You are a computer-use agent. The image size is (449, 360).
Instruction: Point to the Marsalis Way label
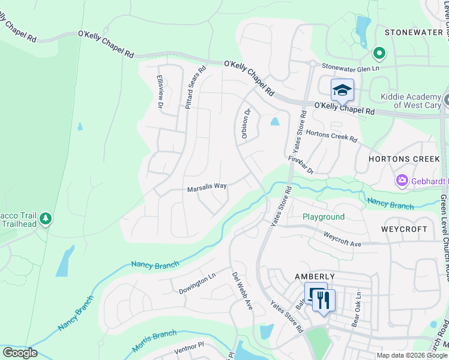point(206,187)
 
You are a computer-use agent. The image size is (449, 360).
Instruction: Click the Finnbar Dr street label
point(301,166)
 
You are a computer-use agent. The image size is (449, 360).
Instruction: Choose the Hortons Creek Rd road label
point(331,136)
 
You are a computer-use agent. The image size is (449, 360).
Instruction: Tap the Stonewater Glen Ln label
point(351,68)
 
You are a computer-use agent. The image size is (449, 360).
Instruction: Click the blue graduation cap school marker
point(342,90)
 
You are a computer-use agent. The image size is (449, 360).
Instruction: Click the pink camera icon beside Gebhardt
point(402,180)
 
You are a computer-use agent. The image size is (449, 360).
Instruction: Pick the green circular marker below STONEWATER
point(379,53)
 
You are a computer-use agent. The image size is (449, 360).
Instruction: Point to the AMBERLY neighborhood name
point(314,275)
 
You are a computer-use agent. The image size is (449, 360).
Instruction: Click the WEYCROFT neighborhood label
point(404,229)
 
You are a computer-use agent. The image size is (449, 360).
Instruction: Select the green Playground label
point(323,217)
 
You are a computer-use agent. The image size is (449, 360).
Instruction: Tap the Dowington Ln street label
point(197,284)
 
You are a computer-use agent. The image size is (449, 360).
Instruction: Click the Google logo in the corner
point(20,353)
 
